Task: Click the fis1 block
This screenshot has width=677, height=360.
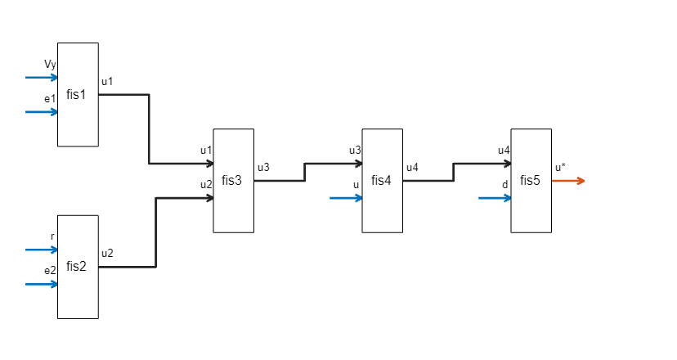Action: pyautogui.click(x=77, y=94)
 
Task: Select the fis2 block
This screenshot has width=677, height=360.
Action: pyautogui.click(x=77, y=266)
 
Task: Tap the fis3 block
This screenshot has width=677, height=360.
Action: pyautogui.click(x=232, y=180)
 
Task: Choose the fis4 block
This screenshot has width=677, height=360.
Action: pyautogui.click(x=382, y=180)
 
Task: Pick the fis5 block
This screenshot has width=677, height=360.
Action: pyautogui.click(x=531, y=180)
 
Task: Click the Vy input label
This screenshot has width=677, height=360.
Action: pyautogui.click(x=50, y=64)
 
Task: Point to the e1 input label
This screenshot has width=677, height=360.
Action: pyautogui.click(x=50, y=98)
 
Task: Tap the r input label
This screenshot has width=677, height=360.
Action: pyautogui.click(x=52, y=236)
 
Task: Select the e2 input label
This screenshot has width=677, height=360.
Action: pyautogui.click(x=50, y=270)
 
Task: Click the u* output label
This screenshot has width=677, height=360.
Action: pyautogui.click(x=560, y=168)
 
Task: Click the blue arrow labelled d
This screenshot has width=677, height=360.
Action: pyautogui.click(x=495, y=198)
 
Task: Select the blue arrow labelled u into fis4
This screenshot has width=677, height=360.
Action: pyautogui.click(x=346, y=198)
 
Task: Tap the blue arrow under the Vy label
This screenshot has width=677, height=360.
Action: pyautogui.click(x=41, y=78)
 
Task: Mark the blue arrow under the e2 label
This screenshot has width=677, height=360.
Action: pyautogui.click(x=41, y=284)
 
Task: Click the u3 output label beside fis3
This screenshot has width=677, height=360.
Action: pyautogui.click(x=263, y=168)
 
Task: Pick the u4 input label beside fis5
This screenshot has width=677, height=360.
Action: pyautogui.click(x=504, y=151)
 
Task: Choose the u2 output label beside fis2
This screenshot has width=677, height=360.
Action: pyautogui.click(x=107, y=253)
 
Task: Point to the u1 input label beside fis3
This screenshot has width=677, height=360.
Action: pyautogui.click(x=206, y=151)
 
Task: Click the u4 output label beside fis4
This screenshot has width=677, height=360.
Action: pyautogui.click(x=412, y=168)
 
